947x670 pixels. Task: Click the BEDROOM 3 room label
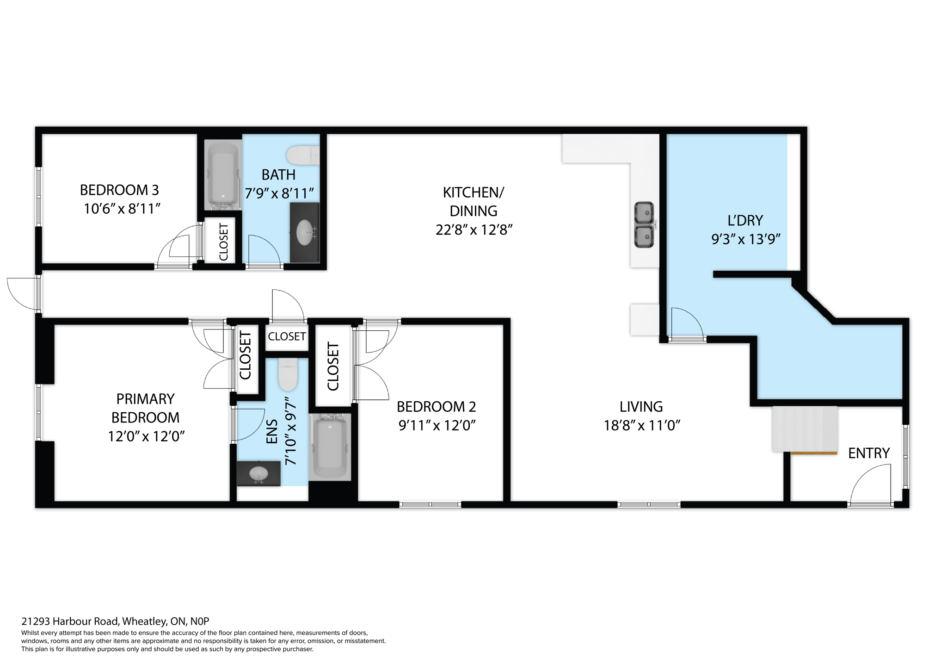(x=119, y=190)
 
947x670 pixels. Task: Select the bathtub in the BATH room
(x=223, y=175)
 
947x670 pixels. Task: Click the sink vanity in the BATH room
(x=304, y=233)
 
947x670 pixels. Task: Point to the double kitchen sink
(x=643, y=225)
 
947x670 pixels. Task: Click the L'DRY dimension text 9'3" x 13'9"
(x=745, y=239)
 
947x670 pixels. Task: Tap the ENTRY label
(x=868, y=453)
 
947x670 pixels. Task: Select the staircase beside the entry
(x=805, y=429)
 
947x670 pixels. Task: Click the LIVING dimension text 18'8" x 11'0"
(x=642, y=425)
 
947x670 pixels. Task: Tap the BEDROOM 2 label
(x=436, y=407)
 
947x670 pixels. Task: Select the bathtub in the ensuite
(x=330, y=447)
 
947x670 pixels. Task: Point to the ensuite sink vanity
(x=258, y=473)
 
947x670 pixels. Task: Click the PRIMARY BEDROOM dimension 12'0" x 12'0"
(x=146, y=436)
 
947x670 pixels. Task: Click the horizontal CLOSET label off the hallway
(x=287, y=336)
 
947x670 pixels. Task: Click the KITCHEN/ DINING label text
(x=473, y=201)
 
